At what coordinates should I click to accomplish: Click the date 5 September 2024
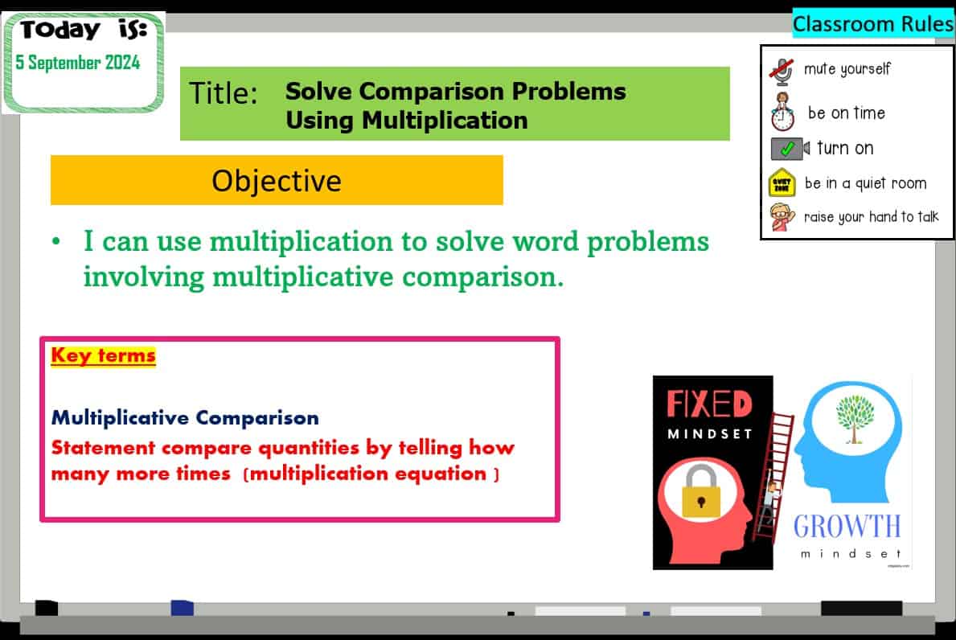click(x=78, y=62)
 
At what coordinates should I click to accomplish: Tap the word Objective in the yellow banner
click(x=277, y=180)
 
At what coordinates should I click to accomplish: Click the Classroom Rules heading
click(x=873, y=24)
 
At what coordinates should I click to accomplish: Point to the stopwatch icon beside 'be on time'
click(x=782, y=112)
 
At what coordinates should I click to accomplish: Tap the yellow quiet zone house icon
click(x=782, y=183)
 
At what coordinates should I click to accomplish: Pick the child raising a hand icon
click(x=782, y=217)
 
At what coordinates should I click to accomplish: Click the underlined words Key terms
click(x=103, y=355)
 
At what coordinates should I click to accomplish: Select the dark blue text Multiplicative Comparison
click(x=186, y=417)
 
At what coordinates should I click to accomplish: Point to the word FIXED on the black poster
click(x=709, y=404)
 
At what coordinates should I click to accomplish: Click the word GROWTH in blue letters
click(x=847, y=525)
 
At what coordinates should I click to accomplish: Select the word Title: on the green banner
click(x=224, y=94)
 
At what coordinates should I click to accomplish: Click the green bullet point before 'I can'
click(x=56, y=242)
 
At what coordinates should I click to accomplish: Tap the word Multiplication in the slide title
click(x=445, y=120)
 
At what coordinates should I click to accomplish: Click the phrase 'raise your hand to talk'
click(x=872, y=217)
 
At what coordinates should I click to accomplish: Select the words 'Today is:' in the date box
click(x=84, y=29)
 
